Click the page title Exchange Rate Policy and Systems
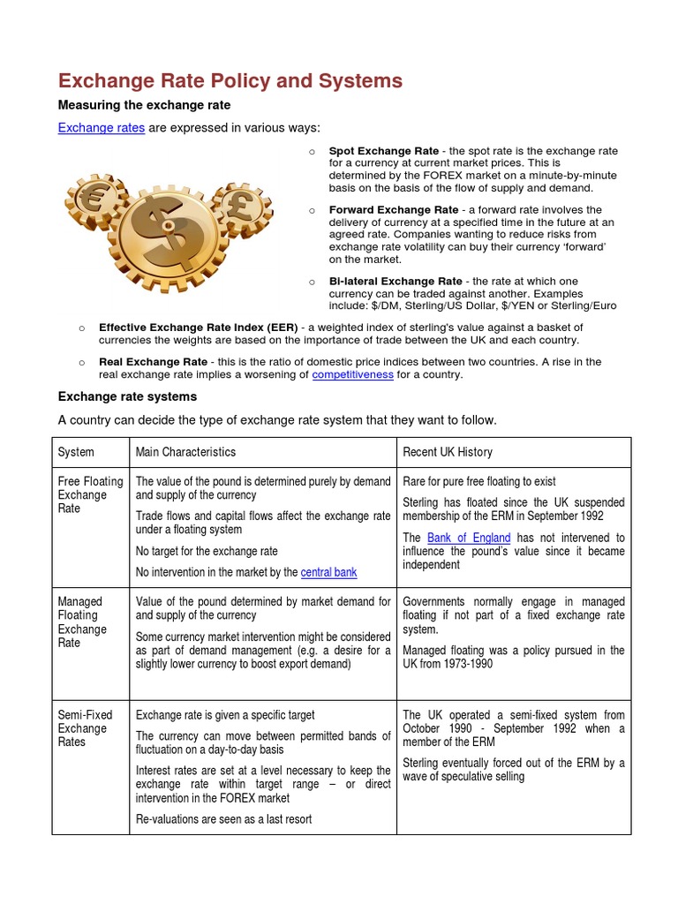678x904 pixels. click(x=230, y=81)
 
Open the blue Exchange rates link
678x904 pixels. click(x=101, y=128)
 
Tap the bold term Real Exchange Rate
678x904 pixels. click(x=153, y=361)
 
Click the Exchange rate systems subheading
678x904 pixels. click(x=127, y=396)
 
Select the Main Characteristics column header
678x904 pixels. click(x=185, y=452)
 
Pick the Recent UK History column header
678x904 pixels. click(x=447, y=452)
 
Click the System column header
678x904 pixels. click(x=76, y=452)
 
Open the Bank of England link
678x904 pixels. click(x=468, y=538)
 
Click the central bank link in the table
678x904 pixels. click(x=328, y=572)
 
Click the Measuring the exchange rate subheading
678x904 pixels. click(x=144, y=105)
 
